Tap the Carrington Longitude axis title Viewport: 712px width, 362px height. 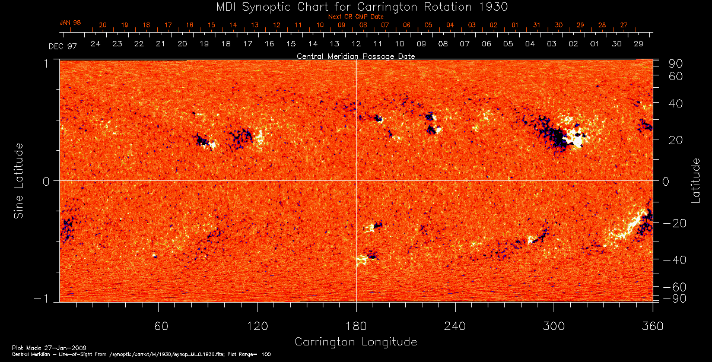click(355, 342)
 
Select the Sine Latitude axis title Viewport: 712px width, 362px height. click(20, 180)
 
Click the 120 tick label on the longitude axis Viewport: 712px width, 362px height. click(258, 326)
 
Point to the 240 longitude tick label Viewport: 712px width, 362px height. click(454, 326)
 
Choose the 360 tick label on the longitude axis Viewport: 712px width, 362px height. click(653, 326)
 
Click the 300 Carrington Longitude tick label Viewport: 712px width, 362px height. click(554, 326)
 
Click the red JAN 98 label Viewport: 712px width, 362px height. click(70, 23)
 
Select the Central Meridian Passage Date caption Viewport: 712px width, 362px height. click(355, 56)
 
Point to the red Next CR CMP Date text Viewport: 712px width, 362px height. click(355, 17)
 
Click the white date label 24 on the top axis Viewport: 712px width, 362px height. click(95, 44)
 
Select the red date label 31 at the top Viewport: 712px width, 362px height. click(537, 26)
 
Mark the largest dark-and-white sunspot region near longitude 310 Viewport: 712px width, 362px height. click(564, 135)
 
